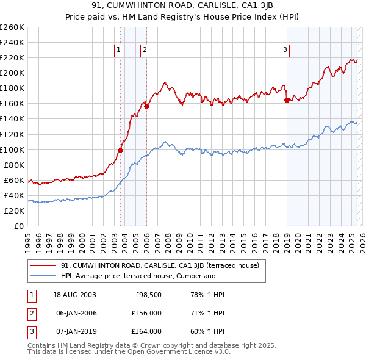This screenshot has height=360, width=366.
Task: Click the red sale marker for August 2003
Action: (121, 150)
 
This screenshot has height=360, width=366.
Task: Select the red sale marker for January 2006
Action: (146, 106)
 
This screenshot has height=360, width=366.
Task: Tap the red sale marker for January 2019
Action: (287, 100)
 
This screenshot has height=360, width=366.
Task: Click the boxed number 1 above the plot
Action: (118, 51)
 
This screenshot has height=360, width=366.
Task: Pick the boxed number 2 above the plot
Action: (145, 51)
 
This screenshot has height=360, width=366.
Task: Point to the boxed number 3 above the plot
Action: (285, 51)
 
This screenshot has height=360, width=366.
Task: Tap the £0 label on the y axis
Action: (18, 226)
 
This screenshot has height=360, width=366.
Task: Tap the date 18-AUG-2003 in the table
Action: (75, 295)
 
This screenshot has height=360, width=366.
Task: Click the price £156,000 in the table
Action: (146, 313)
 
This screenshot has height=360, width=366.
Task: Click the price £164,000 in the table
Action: (146, 331)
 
